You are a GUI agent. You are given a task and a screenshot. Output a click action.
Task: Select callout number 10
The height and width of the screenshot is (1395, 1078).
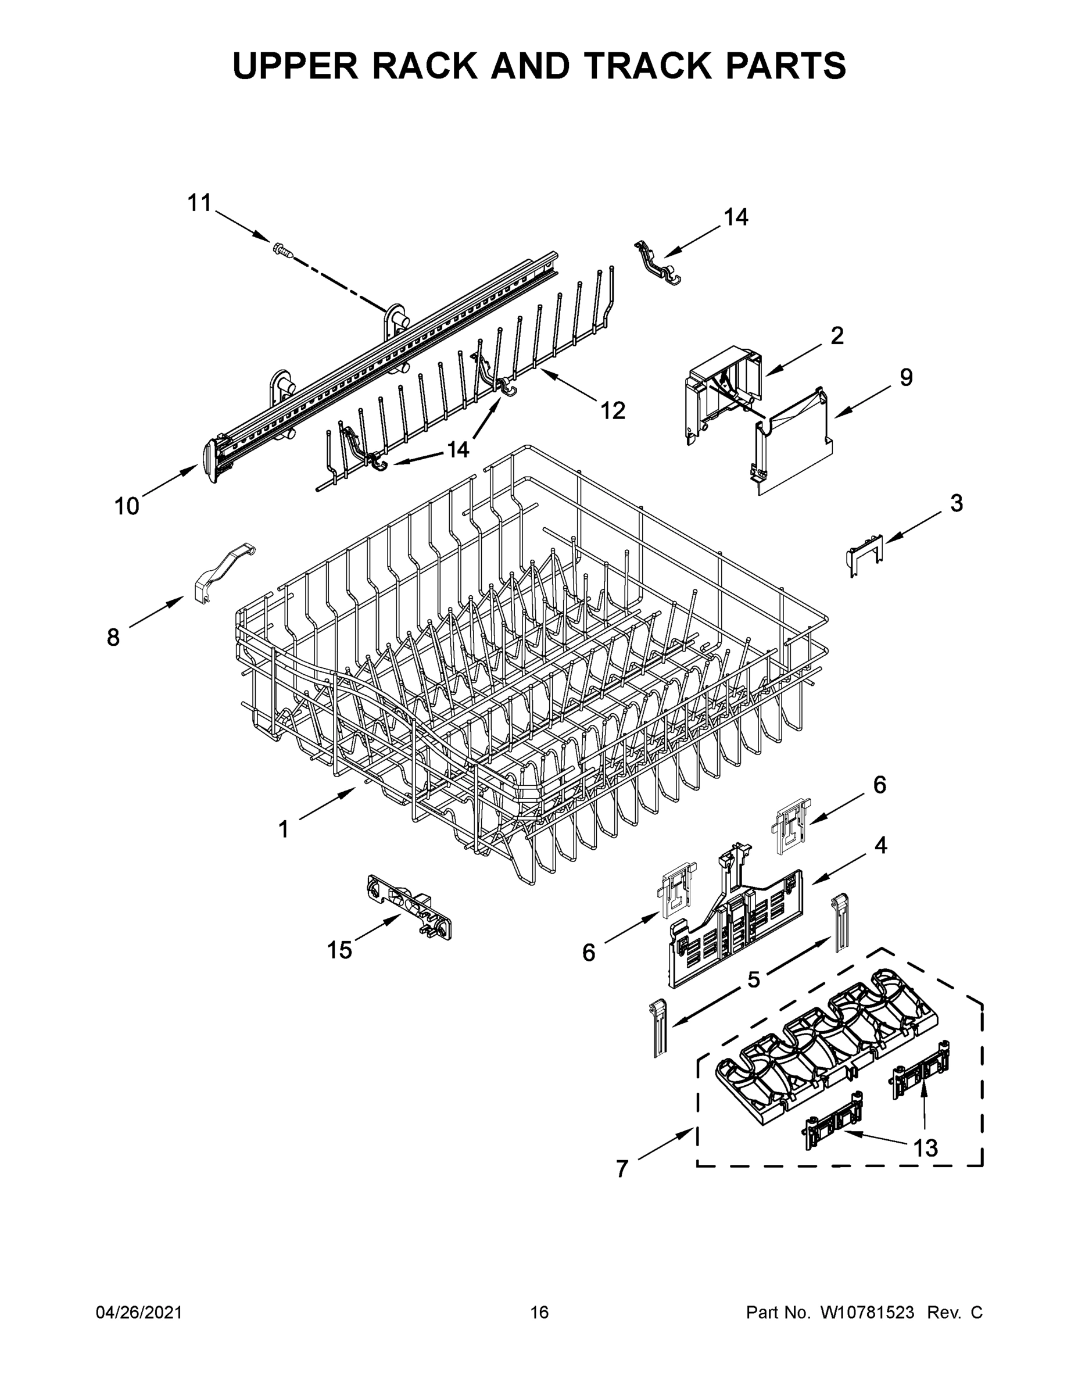pyautogui.click(x=127, y=506)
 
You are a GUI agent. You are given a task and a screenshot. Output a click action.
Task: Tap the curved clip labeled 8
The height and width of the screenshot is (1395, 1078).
pyautogui.click(x=220, y=572)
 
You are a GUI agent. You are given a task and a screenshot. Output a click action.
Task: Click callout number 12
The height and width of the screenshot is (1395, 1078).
pyautogui.click(x=613, y=411)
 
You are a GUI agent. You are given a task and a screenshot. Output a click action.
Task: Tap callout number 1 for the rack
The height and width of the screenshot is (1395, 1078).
pyautogui.click(x=284, y=829)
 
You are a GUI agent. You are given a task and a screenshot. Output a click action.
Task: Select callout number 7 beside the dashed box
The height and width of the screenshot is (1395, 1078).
pyautogui.click(x=622, y=1169)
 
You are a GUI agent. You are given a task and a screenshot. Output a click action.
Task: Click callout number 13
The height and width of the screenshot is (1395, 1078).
pyautogui.click(x=925, y=1148)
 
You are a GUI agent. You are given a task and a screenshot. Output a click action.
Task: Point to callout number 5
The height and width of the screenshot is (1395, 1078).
pyautogui.click(x=754, y=979)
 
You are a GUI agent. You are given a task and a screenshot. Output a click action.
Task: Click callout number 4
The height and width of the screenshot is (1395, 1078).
pyautogui.click(x=880, y=845)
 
